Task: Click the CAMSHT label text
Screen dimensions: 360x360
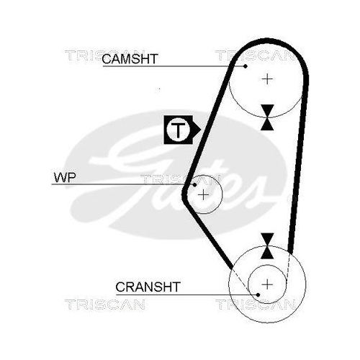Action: point(130,59)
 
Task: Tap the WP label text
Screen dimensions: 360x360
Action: point(65,178)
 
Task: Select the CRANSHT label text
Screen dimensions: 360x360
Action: point(148,287)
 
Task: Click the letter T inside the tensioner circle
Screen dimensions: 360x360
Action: point(178,130)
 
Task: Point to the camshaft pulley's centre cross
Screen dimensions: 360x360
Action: point(267,79)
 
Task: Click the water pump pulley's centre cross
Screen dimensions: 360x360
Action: point(204,194)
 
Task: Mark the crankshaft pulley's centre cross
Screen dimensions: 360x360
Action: point(267,284)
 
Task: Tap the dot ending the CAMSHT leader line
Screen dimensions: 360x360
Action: point(245,66)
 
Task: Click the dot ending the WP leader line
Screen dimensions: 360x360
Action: point(194,184)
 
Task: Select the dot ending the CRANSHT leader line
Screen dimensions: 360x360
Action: point(258,294)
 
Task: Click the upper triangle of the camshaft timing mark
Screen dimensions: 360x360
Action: point(267,109)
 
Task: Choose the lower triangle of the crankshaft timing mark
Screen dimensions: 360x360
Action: point(267,253)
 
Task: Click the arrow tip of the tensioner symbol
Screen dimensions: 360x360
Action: point(201,130)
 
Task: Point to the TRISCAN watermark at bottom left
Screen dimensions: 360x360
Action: point(105,305)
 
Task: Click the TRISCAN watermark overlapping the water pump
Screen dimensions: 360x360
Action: point(180,180)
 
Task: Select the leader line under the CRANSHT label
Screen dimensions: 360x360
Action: point(186,294)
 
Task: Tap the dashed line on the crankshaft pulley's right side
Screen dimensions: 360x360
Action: point(289,269)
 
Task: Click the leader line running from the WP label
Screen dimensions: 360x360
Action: point(123,184)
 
